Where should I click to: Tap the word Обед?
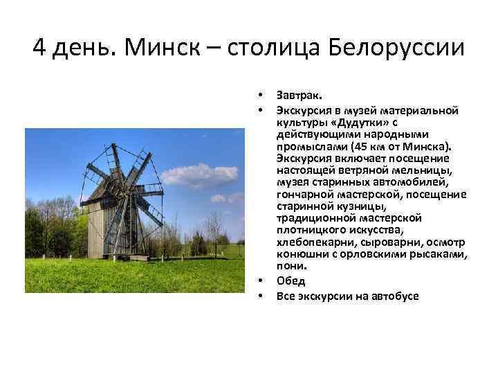coord(290,281)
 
